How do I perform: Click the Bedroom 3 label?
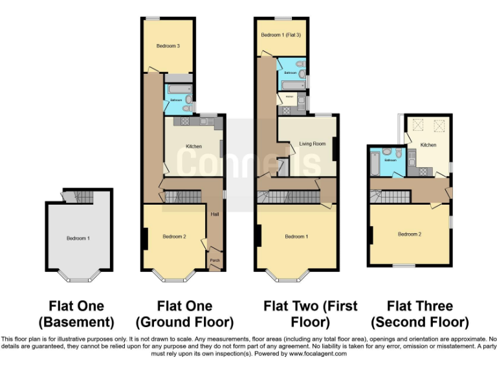[168, 46]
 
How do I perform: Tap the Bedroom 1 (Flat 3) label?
[280, 34]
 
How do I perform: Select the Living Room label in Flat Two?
[312, 144]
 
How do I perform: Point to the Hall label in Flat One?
[215, 213]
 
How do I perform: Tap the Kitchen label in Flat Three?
[428, 145]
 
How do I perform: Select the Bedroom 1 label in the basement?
[78, 238]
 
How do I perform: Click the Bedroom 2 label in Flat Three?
[410, 234]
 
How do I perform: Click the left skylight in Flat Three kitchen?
[417, 124]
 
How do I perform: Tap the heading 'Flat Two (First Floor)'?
[310, 313]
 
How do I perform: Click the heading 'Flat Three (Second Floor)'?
[419, 313]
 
